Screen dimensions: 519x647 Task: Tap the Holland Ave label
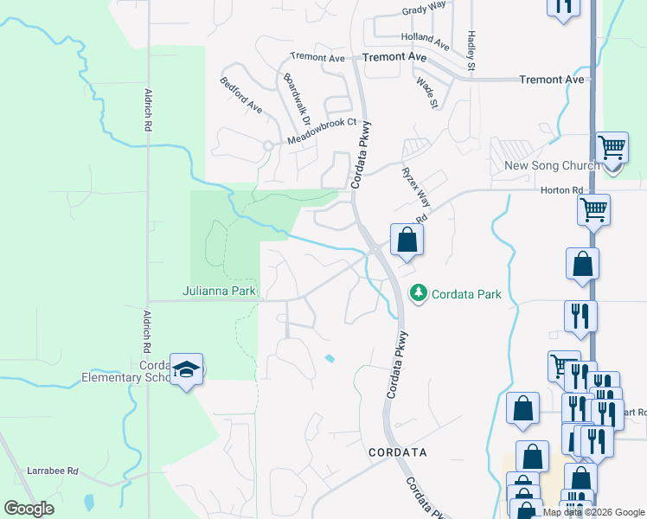click(x=425, y=40)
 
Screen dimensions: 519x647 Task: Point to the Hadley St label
click(x=471, y=51)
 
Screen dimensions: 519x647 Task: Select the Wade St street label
click(x=427, y=93)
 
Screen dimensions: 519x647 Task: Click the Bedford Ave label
click(x=241, y=95)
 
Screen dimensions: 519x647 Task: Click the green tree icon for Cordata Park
click(x=419, y=293)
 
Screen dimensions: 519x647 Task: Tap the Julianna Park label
click(x=219, y=291)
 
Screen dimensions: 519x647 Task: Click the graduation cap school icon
click(x=186, y=369)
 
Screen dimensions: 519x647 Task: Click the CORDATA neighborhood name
click(x=397, y=452)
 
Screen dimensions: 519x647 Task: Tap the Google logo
click(x=29, y=509)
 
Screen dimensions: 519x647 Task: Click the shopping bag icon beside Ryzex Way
click(x=407, y=240)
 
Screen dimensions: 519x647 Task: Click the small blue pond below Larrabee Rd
click(x=88, y=501)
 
